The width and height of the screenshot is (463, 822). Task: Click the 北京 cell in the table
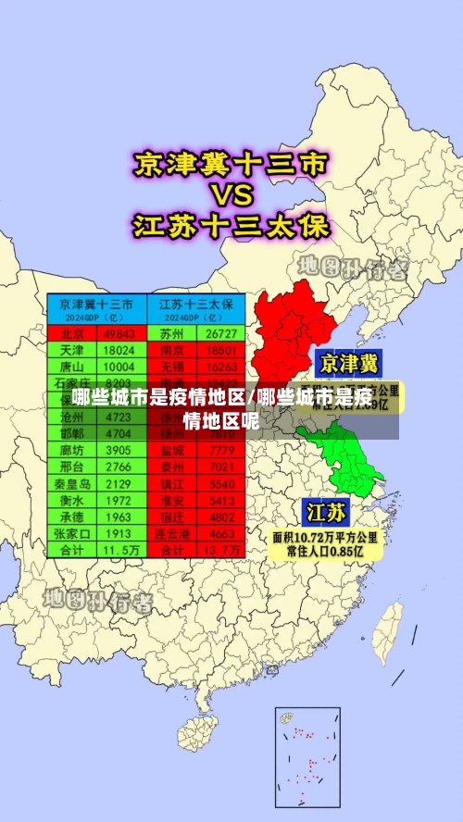(x=72, y=333)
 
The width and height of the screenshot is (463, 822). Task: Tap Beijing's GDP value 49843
(x=119, y=333)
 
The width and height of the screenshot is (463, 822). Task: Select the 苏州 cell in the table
(x=171, y=333)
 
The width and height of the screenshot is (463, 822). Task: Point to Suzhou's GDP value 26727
(x=222, y=333)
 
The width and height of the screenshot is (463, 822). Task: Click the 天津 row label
(x=72, y=350)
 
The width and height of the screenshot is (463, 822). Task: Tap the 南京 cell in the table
(x=171, y=350)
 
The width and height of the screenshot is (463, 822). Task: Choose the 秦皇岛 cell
(x=72, y=484)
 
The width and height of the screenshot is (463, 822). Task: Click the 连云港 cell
(x=171, y=534)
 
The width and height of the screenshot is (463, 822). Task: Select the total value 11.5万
(x=119, y=550)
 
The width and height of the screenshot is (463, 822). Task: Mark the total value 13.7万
(x=222, y=550)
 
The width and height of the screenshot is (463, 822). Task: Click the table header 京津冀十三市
(x=96, y=304)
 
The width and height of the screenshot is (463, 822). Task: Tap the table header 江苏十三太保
(x=195, y=304)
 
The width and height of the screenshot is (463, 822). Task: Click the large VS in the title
(x=231, y=195)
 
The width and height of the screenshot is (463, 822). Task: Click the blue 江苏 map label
(x=326, y=512)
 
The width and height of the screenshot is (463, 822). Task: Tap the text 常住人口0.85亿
(x=325, y=551)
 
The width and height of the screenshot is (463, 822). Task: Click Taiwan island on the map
(x=392, y=627)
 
